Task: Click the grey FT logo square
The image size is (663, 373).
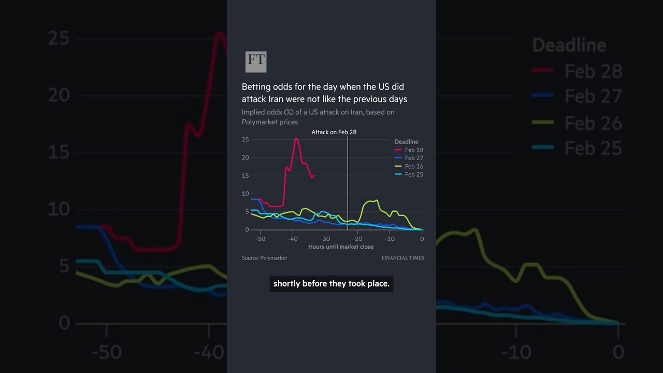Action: (256, 62)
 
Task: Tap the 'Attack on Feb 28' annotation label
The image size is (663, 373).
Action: (334, 132)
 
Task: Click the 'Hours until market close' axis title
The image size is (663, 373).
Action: (340, 247)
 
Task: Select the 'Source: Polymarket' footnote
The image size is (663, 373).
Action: (264, 258)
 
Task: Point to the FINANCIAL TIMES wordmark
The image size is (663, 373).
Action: (402, 258)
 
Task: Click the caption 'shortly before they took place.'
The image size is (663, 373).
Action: (331, 283)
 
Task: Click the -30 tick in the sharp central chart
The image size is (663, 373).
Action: (325, 239)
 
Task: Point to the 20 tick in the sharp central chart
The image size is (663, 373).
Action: (246, 157)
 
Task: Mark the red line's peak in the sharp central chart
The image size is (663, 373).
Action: (296, 138)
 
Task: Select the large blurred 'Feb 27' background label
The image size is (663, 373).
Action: (593, 96)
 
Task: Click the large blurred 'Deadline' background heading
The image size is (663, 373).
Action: (569, 45)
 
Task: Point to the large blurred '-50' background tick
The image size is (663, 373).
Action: (107, 352)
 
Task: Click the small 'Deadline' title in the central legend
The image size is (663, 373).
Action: (406, 141)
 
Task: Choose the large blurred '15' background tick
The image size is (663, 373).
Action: (58, 152)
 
